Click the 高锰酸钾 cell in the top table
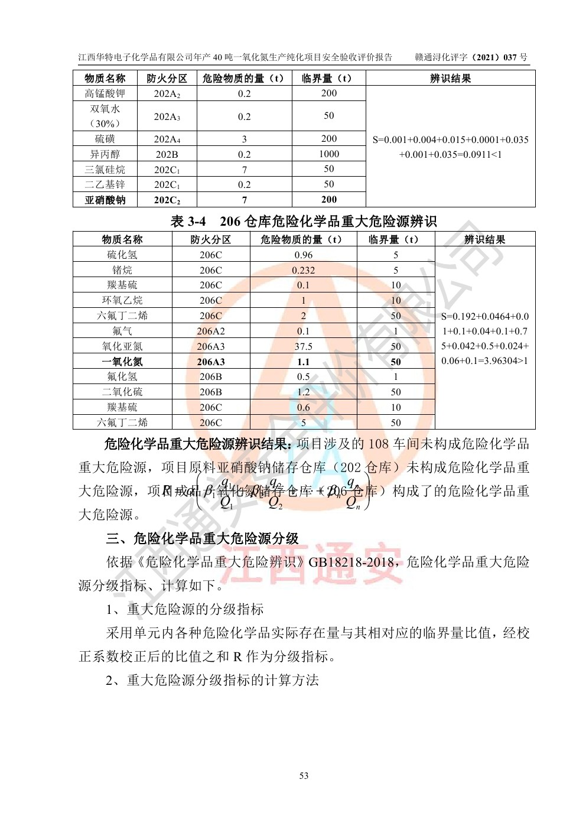[x=105, y=93]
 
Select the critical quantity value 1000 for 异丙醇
[x=328, y=154]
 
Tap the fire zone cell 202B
[x=167, y=154]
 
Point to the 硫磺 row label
[x=105, y=139]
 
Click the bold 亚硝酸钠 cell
[x=105, y=200]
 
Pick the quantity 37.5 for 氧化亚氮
[x=303, y=346]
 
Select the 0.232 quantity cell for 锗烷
[x=303, y=270]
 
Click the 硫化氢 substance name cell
[x=122, y=255]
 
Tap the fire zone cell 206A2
[x=211, y=331]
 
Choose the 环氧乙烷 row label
[x=122, y=300]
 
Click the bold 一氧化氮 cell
[x=122, y=362]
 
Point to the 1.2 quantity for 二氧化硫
[x=303, y=392]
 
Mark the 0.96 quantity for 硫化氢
[x=303, y=255]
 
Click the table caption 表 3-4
[x=188, y=222]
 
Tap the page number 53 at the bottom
[x=304, y=775]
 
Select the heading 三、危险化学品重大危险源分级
[x=202, y=538]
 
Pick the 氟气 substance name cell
[x=122, y=331]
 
